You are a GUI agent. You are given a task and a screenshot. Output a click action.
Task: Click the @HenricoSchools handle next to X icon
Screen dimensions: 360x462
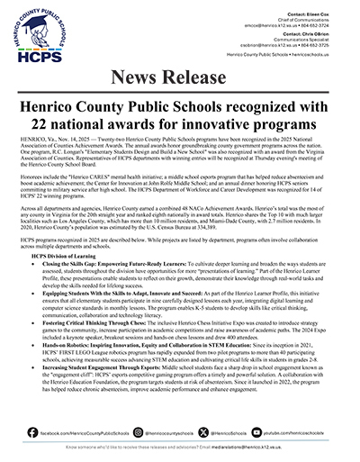(240, 432)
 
